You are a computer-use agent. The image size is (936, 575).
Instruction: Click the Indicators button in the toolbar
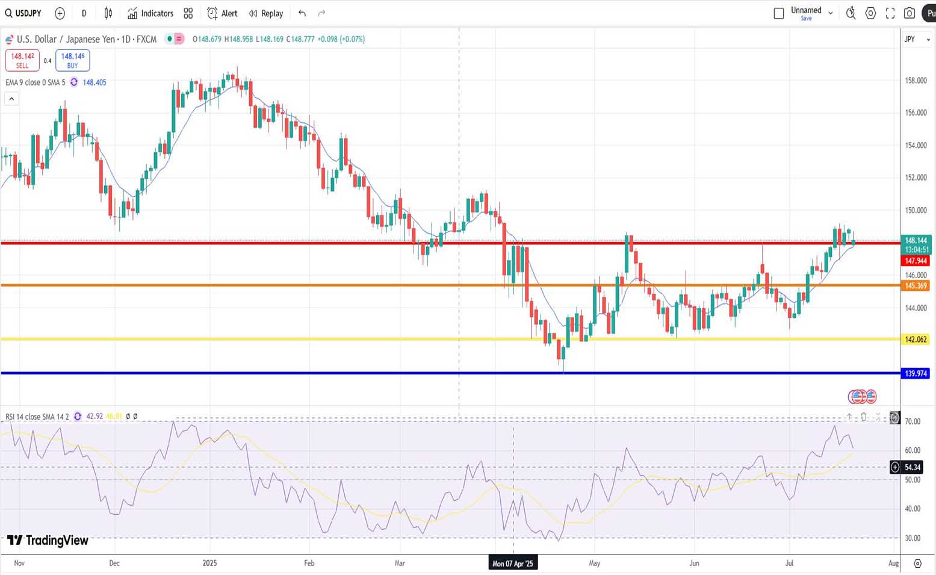(150, 13)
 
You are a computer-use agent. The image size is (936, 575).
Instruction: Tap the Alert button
(222, 13)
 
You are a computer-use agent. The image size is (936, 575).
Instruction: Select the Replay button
(266, 13)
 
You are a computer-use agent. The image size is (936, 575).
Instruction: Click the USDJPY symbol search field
(24, 13)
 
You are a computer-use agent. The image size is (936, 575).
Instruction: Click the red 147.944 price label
(916, 261)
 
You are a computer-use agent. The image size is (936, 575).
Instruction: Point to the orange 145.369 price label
(916, 286)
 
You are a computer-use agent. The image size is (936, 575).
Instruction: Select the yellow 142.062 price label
(916, 340)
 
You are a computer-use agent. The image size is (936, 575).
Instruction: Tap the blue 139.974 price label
(916, 374)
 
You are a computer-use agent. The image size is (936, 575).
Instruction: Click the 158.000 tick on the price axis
(916, 81)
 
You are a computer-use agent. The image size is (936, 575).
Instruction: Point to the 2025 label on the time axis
(209, 564)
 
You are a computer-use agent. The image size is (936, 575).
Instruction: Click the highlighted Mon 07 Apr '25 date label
(513, 564)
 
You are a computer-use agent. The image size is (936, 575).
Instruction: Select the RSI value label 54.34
(913, 467)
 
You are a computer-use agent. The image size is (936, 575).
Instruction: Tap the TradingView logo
(48, 540)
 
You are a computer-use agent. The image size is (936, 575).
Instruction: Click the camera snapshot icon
(910, 13)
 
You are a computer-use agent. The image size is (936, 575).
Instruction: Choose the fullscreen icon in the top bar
(890, 13)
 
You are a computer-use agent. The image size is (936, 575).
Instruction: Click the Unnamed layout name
(805, 10)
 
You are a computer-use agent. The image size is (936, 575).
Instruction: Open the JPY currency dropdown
(917, 39)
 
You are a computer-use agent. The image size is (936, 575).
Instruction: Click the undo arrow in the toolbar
(302, 13)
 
